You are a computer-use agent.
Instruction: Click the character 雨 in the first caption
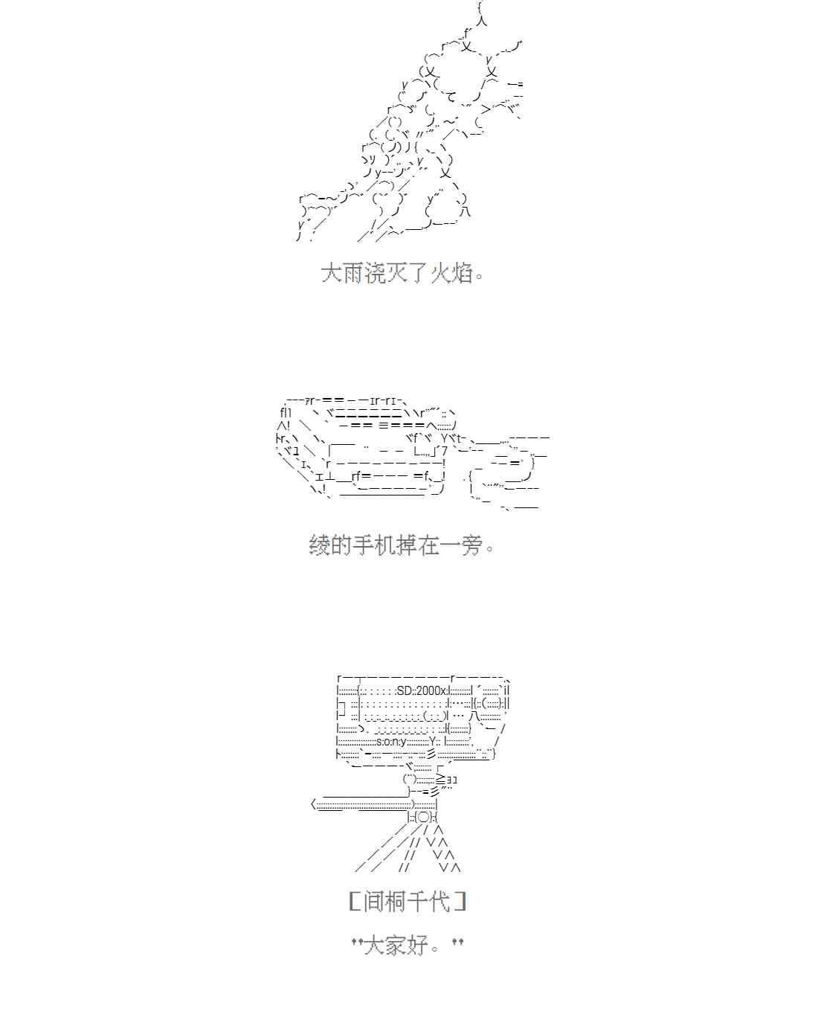pos(353,274)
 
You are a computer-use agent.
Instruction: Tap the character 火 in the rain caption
pos(442,274)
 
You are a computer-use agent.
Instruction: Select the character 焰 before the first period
pos(463,274)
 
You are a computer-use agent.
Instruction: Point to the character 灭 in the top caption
pos(397,274)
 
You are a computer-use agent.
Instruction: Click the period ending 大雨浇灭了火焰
pos(479,276)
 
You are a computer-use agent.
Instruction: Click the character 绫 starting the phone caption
pos(320,545)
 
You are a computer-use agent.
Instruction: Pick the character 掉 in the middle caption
pos(407,545)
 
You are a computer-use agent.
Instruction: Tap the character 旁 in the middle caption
pos(473,545)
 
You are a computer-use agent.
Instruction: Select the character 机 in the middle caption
pos(385,545)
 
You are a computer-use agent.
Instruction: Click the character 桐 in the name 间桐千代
pos(396,901)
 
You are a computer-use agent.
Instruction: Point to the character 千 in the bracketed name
pos(417,901)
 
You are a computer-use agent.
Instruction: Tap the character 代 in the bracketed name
pos(439,901)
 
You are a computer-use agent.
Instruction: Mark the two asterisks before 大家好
pos(358,941)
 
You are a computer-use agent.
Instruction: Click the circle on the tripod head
pos(424,817)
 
